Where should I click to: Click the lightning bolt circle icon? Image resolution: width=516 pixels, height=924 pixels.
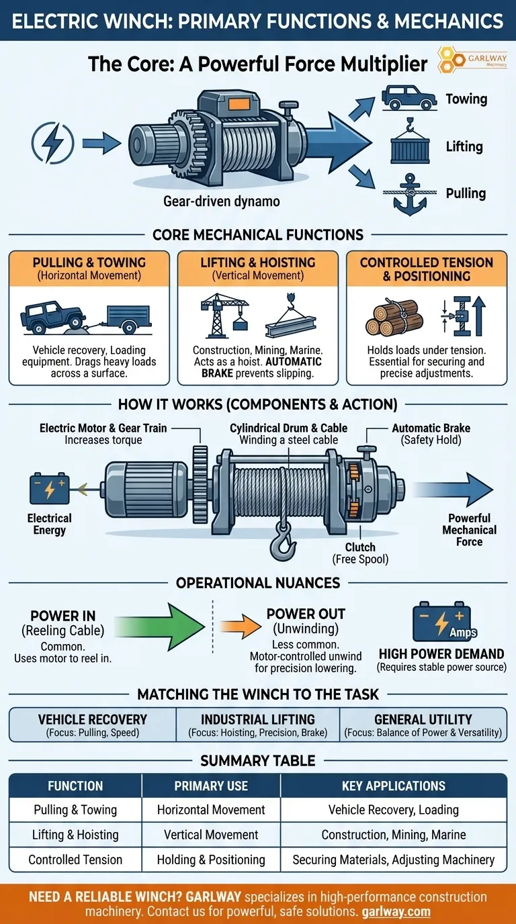[x=51, y=142]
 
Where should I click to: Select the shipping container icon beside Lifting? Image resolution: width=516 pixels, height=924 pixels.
[x=408, y=146]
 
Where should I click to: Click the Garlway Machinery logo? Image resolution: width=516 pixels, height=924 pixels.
[x=468, y=60]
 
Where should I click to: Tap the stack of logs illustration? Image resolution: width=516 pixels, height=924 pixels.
[x=394, y=317]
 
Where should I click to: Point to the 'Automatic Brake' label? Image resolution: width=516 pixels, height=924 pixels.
[x=431, y=433]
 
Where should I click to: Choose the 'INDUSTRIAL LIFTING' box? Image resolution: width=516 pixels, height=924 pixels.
[x=258, y=725]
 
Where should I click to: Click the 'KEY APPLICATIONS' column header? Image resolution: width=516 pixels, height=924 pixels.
[x=394, y=786]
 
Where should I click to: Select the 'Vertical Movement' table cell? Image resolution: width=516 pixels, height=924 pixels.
[x=211, y=835]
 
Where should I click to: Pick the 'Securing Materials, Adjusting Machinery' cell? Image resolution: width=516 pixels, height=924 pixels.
[x=394, y=860]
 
